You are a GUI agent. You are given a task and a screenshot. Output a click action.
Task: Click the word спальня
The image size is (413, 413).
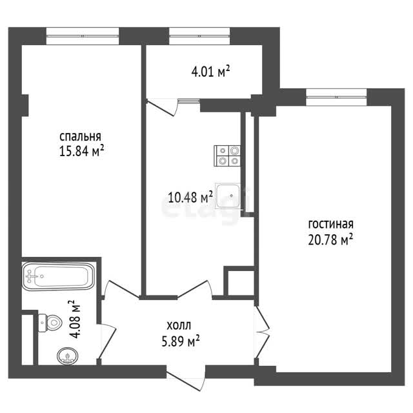(x=80, y=137)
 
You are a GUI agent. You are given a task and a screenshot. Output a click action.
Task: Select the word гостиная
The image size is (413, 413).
(x=331, y=224)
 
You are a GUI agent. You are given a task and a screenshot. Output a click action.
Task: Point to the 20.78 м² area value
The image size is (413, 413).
(x=330, y=239)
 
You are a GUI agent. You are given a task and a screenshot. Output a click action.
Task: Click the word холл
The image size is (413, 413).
(x=179, y=326)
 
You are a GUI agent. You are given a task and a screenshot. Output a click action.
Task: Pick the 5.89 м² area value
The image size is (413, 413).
(x=181, y=341)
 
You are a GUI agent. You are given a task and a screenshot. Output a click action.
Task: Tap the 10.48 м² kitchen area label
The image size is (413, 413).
(x=190, y=196)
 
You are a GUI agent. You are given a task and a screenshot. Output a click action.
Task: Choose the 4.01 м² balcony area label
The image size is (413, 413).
(x=211, y=71)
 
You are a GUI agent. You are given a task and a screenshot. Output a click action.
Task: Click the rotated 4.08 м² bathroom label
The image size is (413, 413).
(x=75, y=319)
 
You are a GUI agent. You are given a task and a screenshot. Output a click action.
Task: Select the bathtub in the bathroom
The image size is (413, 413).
(x=58, y=276)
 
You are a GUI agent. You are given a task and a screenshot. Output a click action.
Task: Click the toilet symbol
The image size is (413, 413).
(x=50, y=323)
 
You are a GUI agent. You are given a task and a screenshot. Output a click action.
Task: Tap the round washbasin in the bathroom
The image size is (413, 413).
(x=67, y=356)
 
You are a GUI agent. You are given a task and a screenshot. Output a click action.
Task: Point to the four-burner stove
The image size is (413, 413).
(x=227, y=156)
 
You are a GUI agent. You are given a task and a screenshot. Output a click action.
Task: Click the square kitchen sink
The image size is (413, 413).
(x=228, y=196)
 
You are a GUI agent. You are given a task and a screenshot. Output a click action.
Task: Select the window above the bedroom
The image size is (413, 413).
(x=83, y=36)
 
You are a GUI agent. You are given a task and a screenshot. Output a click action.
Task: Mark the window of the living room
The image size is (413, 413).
(x=336, y=97)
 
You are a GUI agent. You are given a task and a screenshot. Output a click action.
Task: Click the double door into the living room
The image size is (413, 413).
(x=262, y=332)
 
